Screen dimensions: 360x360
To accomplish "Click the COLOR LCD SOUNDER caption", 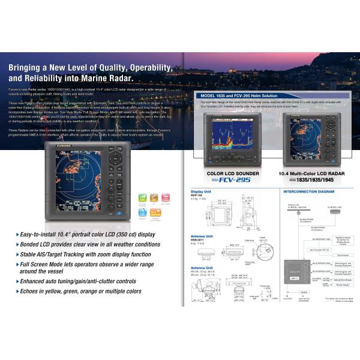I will click(x=233, y=174).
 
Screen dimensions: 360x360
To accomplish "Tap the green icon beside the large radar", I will click(x=142, y=198).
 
